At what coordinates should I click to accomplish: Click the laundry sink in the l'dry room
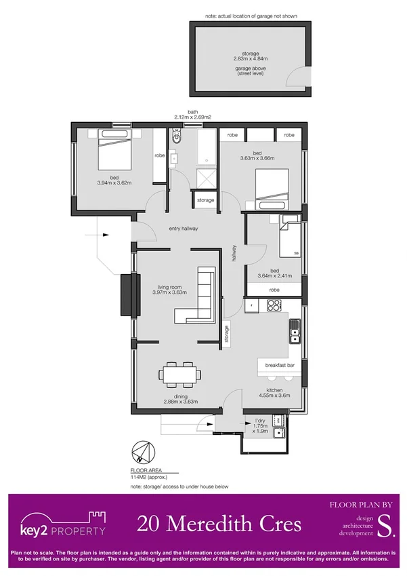[278, 434]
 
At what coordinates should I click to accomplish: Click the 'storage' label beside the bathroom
[205, 200]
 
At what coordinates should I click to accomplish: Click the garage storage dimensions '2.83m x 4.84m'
[251, 59]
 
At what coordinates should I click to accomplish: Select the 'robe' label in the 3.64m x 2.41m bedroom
[274, 290]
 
